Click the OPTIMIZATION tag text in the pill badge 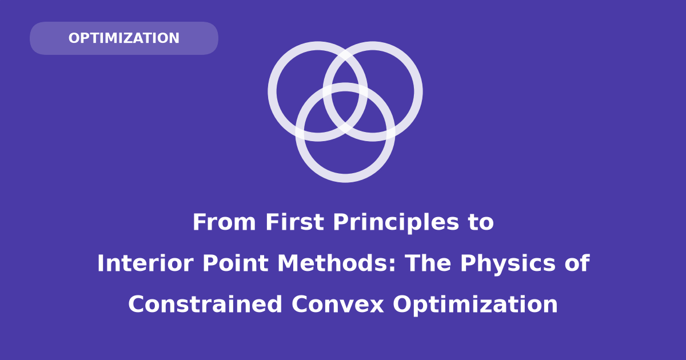point(123,38)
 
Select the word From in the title point(224,222)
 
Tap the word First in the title point(294,222)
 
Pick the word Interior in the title point(145,263)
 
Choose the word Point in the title point(236,263)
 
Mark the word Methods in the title point(332,263)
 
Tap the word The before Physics point(428,263)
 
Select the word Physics point(508,265)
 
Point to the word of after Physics point(577,263)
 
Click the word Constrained point(205,304)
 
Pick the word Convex point(337,304)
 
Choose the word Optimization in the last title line point(475,306)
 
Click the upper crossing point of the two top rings point(345,57)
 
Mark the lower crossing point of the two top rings point(345,126)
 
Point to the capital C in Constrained point(136,304)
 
